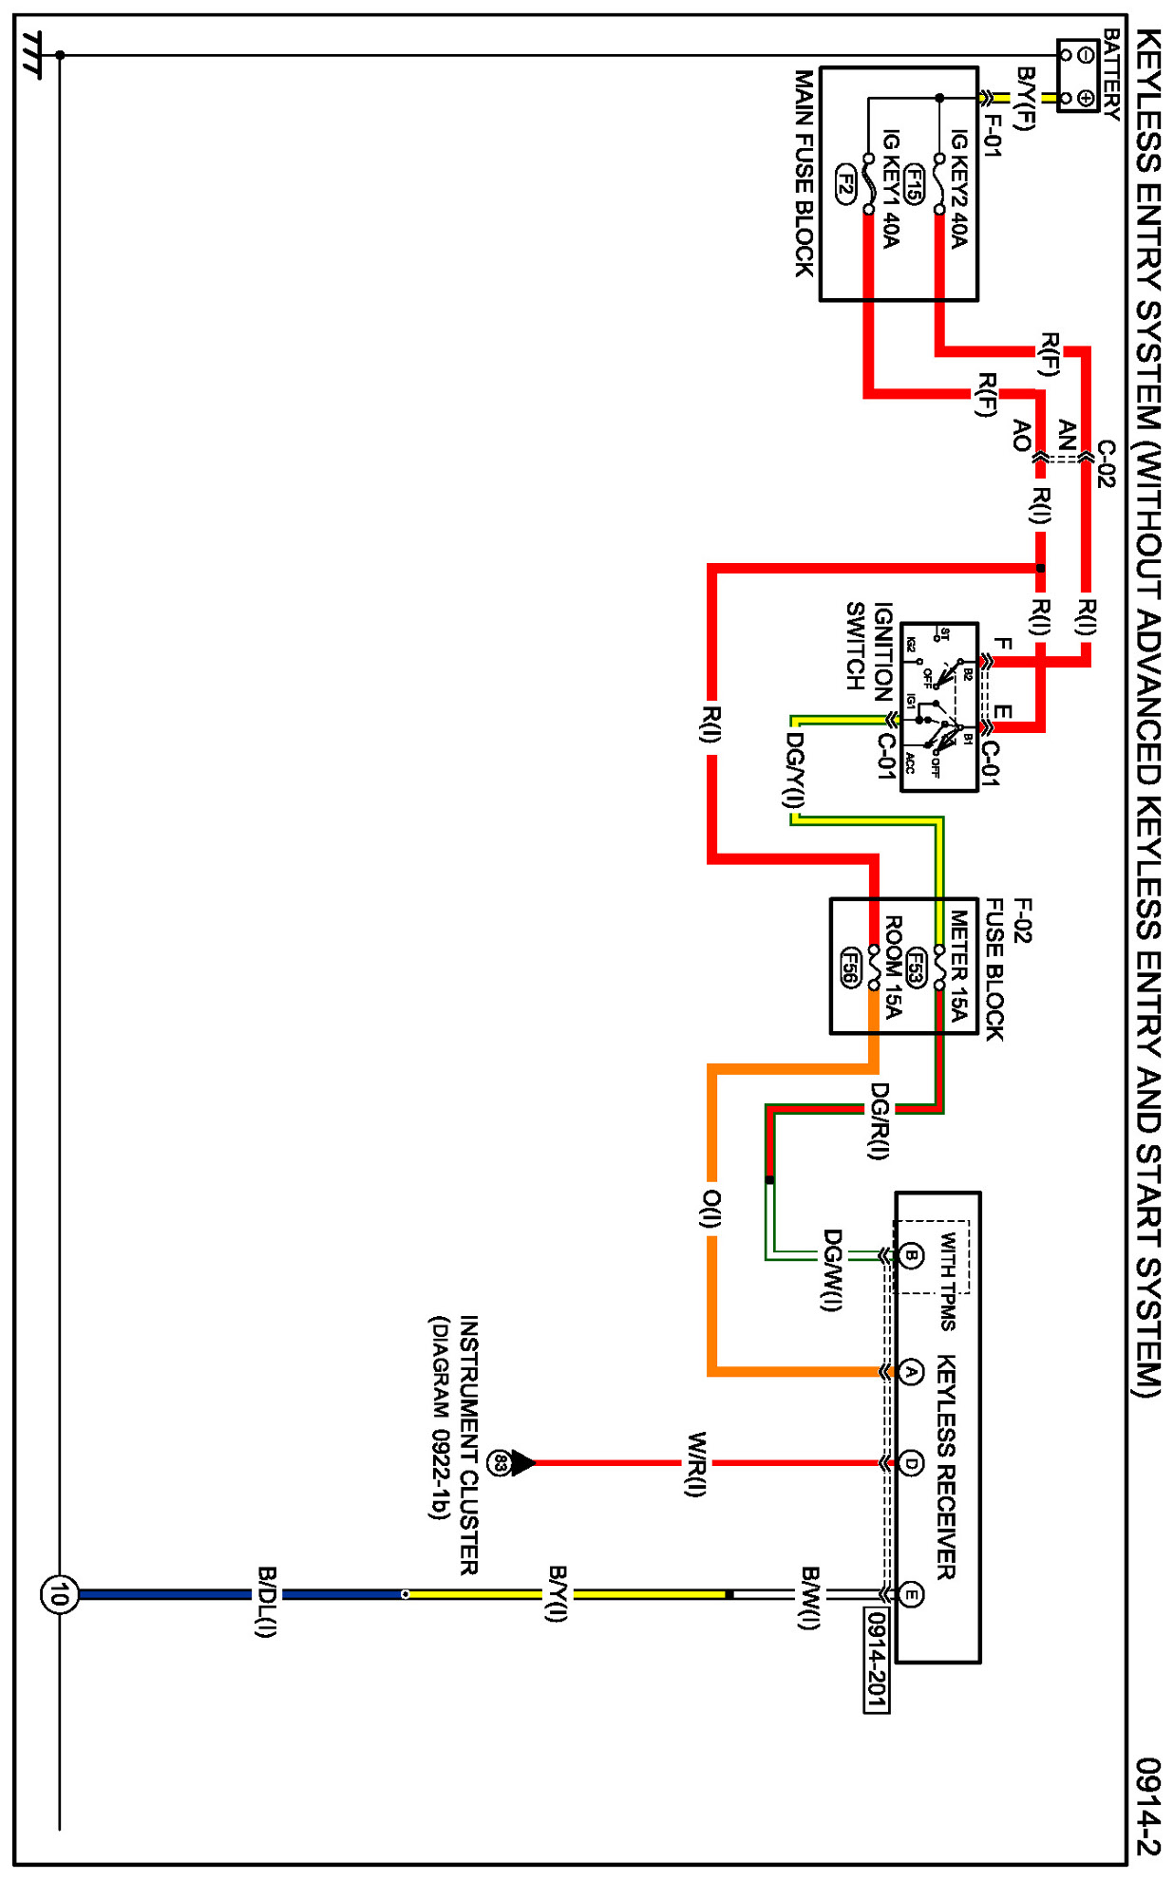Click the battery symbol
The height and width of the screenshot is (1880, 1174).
[x=1077, y=76]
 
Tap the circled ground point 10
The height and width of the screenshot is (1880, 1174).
[x=58, y=1594]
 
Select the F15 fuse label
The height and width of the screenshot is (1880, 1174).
[x=913, y=184]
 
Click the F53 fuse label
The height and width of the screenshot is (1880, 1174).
[x=916, y=967]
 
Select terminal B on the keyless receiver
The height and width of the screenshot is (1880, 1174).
[x=910, y=1255]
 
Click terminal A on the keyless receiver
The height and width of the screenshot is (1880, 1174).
[x=910, y=1371]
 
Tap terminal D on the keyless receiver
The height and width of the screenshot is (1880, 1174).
[x=910, y=1463]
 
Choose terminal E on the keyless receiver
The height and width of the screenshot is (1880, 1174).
[x=910, y=1594]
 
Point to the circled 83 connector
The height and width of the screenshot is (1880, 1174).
[x=499, y=1463]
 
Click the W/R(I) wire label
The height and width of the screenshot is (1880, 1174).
[x=696, y=1463]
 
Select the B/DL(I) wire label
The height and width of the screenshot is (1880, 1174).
[x=266, y=1601]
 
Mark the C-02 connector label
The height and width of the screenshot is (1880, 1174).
[x=1106, y=463]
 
